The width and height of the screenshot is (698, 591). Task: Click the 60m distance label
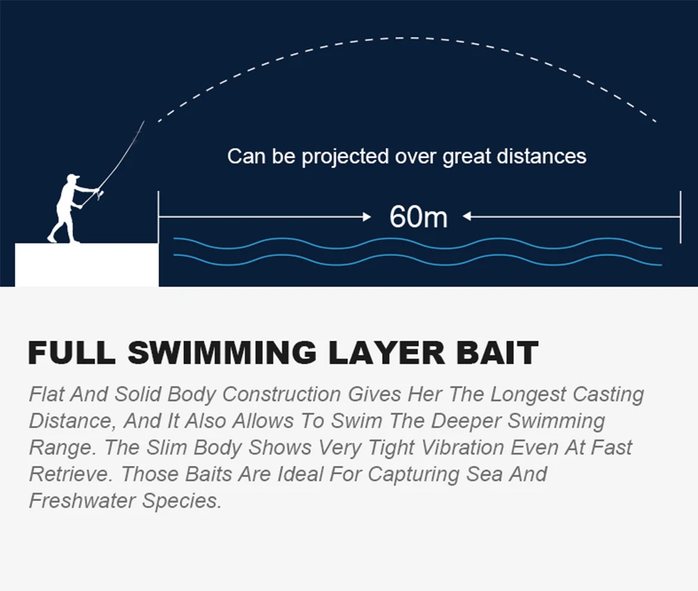(418, 217)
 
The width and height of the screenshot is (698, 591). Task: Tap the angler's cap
(72, 177)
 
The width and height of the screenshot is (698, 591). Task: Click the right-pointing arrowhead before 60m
(367, 217)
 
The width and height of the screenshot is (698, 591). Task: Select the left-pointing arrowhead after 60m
(466, 217)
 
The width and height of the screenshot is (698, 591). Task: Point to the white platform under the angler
(87, 265)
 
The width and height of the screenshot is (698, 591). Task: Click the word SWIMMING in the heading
(222, 353)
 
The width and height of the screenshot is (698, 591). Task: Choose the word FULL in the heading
(72, 353)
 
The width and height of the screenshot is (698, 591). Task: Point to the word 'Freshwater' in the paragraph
(82, 501)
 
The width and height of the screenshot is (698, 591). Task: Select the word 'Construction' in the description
(282, 394)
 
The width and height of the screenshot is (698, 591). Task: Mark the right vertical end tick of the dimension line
(680, 217)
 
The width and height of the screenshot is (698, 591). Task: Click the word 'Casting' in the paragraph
(608, 395)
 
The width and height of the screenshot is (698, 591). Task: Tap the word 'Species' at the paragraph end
(181, 502)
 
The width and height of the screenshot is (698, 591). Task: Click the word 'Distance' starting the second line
(73, 421)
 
